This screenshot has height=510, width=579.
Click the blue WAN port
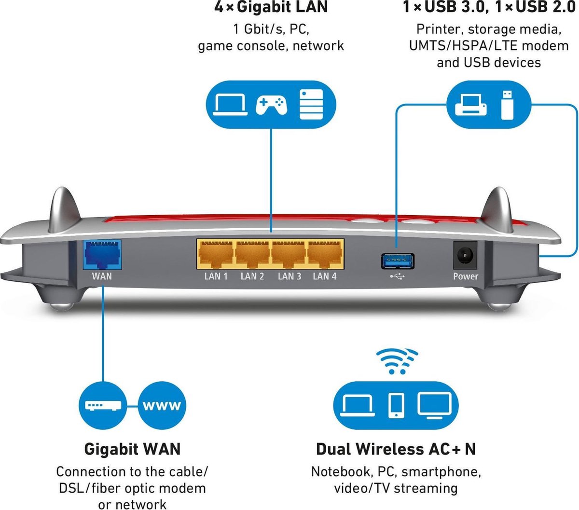102,254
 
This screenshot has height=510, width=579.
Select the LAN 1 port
216,254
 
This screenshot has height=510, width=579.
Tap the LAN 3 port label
289,276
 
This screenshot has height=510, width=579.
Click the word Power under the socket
466,276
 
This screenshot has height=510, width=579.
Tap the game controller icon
271,103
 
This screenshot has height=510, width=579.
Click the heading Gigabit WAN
132,449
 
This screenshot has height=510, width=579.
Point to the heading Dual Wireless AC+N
396,449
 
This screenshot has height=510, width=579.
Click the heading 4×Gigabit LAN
271,7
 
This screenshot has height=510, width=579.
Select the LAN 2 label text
252,276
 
